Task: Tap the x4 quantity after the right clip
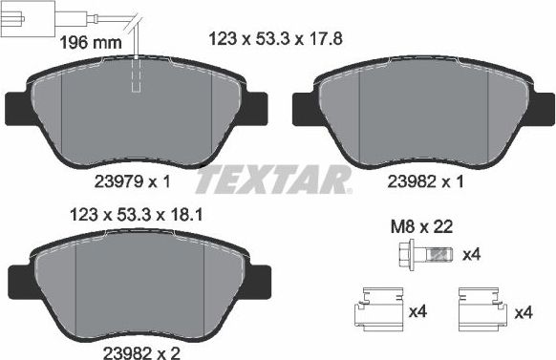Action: pyautogui.click(x=523, y=313)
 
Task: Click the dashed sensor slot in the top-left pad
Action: pyautogui.click(x=136, y=76)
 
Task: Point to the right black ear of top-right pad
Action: pyautogui.click(x=541, y=107)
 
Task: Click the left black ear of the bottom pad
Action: pyautogui.click(x=16, y=280)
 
